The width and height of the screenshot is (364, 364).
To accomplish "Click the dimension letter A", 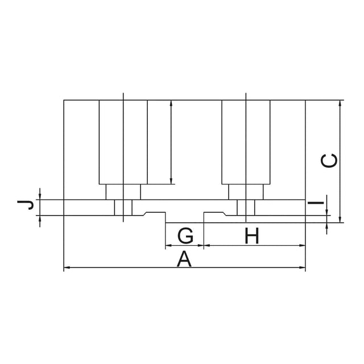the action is (184, 259).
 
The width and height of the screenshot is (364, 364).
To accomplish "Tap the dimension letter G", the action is (185, 235).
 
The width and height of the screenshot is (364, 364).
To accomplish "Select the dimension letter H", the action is (252, 235).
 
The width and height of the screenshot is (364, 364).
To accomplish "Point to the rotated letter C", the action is (329, 160).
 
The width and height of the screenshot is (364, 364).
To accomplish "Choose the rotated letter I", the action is (316, 203).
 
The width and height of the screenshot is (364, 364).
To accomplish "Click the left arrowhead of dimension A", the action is (67, 268).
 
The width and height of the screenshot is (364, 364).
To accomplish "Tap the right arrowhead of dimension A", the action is (302, 268).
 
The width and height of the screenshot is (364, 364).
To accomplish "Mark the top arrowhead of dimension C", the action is (340, 104).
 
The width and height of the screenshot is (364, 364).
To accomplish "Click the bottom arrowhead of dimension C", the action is (340, 220).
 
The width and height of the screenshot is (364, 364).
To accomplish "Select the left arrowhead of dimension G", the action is (168, 245).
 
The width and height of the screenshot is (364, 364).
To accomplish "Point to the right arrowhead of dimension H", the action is (302, 245).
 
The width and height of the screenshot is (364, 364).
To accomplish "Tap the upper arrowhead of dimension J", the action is (40, 196).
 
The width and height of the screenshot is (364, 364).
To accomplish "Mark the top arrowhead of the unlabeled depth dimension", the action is (171, 104).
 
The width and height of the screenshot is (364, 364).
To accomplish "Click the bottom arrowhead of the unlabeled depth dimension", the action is (171, 181).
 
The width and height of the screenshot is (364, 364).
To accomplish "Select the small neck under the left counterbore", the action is (123, 192).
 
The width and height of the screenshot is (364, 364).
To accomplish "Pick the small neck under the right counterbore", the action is (246, 192).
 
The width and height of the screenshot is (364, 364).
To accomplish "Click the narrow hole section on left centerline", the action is (123, 208).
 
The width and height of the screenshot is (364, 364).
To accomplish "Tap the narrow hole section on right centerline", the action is (246, 208).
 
